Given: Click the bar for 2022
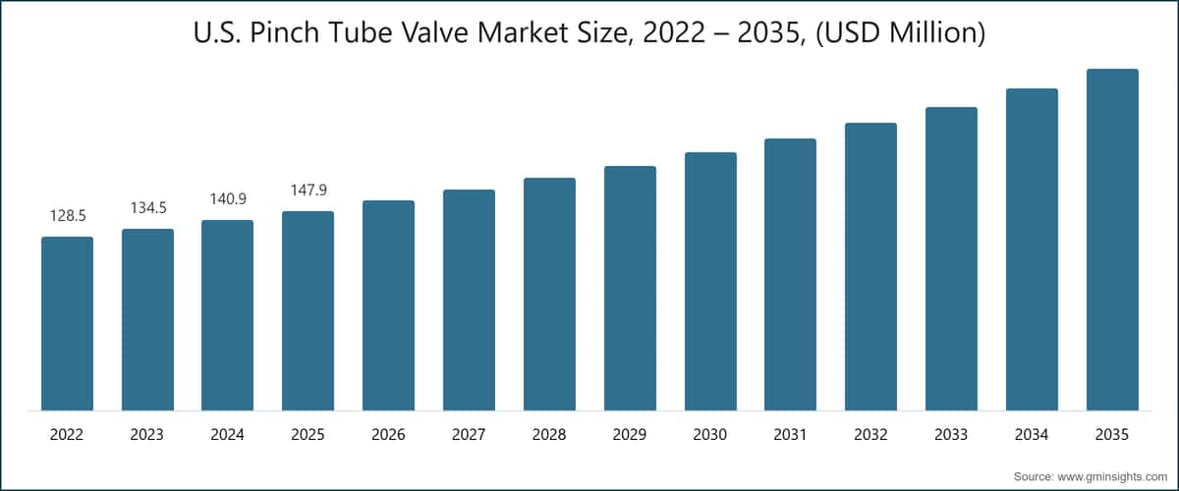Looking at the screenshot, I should (x=67, y=324).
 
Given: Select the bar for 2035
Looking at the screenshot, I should (x=1112, y=241).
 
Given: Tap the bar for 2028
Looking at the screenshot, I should (x=549, y=295).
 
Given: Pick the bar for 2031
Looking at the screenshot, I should (x=790, y=275).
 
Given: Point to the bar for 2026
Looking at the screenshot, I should (x=388, y=305).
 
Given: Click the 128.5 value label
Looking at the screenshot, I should (x=67, y=215).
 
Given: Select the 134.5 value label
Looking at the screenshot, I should (x=147, y=207).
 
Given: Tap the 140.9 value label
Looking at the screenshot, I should (x=228, y=198).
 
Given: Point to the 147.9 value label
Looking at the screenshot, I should (x=308, y=190).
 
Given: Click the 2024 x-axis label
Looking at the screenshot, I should (x=228, y=433).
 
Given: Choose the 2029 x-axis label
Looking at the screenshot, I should (x=630, y=433).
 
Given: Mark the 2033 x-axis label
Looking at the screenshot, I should (x=951, y=433).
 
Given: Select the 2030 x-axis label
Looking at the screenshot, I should (x=710, y=433).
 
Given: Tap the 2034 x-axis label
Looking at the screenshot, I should (x=1032, y=433).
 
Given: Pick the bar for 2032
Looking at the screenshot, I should (x=870, y=267).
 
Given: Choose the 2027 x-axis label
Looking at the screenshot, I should (x=469, y=433).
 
